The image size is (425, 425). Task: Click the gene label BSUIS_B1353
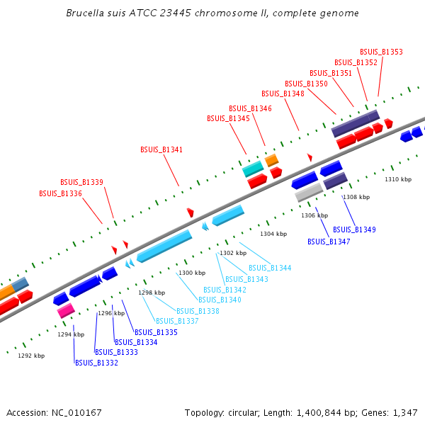[381, 52]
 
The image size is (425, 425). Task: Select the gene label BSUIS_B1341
[161, 149]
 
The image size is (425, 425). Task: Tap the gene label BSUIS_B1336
[60, 193]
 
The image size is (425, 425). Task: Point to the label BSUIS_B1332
[96, 363]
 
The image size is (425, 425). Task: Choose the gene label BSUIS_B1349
[354, 229]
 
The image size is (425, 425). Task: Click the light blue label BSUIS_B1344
[269, 268]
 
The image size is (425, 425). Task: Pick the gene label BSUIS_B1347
[329, 242]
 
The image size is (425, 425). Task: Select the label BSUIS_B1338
[198, 311]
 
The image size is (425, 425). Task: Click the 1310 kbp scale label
[398, 180]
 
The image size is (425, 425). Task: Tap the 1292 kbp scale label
[31, 356]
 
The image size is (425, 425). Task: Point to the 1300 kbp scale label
[192, 273]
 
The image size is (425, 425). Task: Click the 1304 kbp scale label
[273, 234]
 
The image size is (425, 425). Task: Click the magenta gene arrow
[66, 310]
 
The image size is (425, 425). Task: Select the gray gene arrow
[309, 192]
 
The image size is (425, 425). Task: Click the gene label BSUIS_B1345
[228, 118]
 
